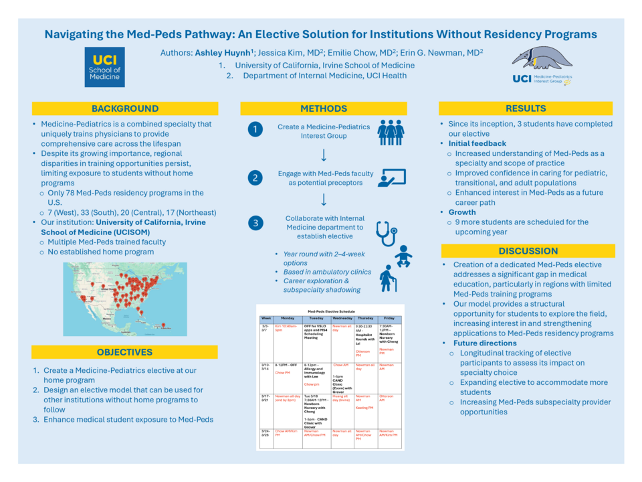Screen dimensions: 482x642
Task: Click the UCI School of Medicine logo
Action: point(105,67)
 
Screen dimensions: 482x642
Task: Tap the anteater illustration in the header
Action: point(542,58)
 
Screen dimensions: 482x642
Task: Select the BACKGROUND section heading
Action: point(125,108)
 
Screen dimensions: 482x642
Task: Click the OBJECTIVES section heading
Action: point(125,352)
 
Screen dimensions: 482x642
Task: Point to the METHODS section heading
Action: point(324,108)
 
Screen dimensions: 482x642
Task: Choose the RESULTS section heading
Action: point(526,108)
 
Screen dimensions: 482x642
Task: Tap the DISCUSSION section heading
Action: point(528,251)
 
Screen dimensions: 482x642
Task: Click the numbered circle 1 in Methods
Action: point(255,129)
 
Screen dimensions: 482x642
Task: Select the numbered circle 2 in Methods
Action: point(255,177)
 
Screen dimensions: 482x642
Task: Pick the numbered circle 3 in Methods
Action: point(255,224)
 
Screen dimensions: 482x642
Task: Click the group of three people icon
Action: point(391,132)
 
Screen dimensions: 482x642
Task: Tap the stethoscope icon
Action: point(387,232)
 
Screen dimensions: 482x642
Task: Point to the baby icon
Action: point(403,256)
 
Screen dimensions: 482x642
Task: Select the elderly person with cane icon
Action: point(388,278)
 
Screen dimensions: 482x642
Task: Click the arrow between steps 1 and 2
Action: point(324,155)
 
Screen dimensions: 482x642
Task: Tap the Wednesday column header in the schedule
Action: point(342,318)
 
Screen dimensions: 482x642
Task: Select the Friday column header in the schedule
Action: point(389,318)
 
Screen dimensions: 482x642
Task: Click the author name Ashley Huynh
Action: point(223,52)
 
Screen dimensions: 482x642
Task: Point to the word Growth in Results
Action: point(463,212)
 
